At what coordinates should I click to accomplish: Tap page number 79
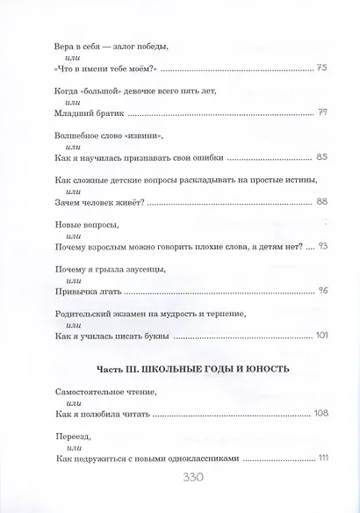[322, 112]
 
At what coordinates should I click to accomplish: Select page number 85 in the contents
[322, 157]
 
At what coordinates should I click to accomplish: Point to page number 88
[322, 202]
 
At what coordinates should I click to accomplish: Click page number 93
[322, 247]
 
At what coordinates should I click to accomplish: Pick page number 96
[322, 292]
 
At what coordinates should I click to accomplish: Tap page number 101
[320, 336]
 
